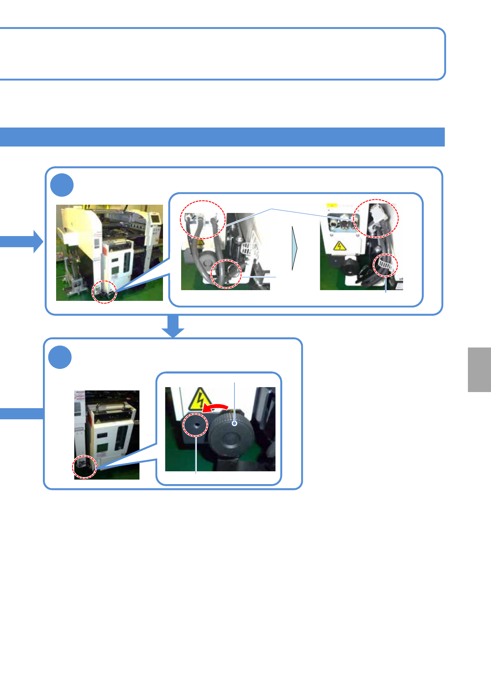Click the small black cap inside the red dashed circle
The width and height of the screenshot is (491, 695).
tap(195, 424)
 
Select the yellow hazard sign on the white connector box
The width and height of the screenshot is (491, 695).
tap(339, 246)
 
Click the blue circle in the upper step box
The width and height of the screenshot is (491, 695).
tap(62, 185)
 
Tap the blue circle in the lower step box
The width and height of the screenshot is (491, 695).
tap(60, 357)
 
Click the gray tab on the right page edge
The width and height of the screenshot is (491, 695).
tap(479, 369)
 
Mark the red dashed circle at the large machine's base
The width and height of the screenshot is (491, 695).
tap(104, 292)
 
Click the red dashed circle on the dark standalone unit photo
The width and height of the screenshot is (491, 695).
tap(84, 468)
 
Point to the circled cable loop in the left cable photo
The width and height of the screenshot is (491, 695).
tap(226, 274)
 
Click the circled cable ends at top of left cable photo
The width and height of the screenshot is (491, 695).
tap(203, 220)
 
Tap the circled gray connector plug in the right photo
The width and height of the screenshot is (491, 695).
tap(376, 218)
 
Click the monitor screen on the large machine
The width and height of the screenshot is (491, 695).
tap(154, 219)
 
